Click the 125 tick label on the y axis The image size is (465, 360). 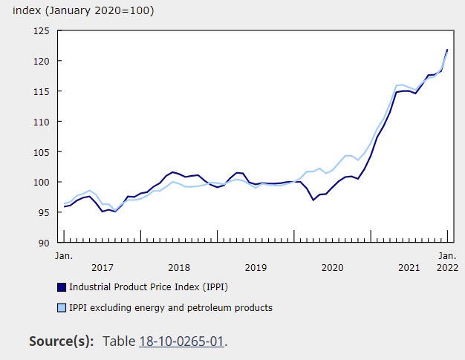point(39,30)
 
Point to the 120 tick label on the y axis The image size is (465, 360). point(39,61)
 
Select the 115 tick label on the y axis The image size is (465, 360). point(39,91)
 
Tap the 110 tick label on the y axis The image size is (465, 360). point(39,122)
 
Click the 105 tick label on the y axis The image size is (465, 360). point(39,152)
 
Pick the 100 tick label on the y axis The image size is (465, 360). point(39,183)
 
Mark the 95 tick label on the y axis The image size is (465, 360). point(42,213)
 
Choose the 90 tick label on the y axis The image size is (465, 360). point(42,243)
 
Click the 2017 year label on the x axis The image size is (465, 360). point(102,267)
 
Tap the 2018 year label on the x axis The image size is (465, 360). point(179,267)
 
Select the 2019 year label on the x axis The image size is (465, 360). point(256,267)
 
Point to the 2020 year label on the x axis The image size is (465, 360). point(332,267)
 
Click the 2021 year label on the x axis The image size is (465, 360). point(409,267)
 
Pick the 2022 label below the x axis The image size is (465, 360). point(447,267)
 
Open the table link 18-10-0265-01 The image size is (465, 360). point(181,341)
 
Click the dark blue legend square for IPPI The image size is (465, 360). point(62,286)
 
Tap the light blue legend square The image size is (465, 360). point(62,307)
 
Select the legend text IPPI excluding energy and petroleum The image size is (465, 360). point(171,307)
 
